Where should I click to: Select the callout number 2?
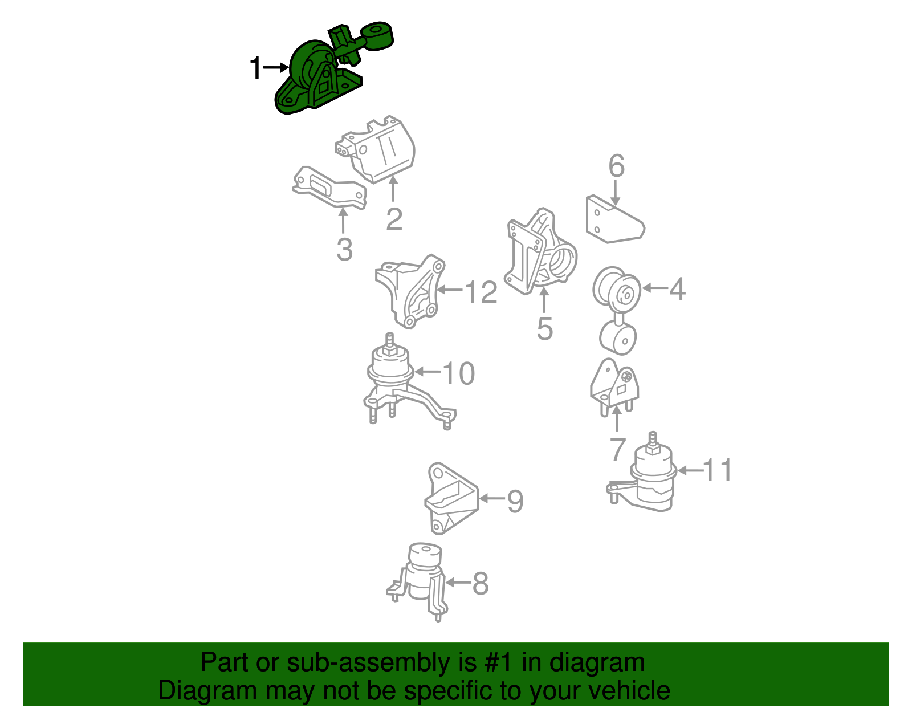pyautogui.click(x=394, y=218)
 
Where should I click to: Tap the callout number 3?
pyautogui.click(x=345, y=250)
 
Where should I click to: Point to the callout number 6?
pyautogui.click(x=617, y=166)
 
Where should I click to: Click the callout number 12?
pyautogui.click(x=482, y=292)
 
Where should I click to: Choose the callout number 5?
pyautogui.click(x=545, y=328)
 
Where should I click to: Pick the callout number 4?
pyautogui.click(x=677, y=289)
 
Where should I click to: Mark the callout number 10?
pyautogui.click(x=459, y=373)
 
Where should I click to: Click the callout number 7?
pyautogui.click(x=617, y=449)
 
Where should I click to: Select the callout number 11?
pyautogui.click(x=717, y=470)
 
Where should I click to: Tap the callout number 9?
pyautogui.click(x=515, y=501)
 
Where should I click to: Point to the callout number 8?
pyautogui.click(x=481, y=583)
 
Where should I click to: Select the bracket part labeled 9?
pyautogui.click(x=451, y=498)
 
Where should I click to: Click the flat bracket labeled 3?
pyautogui.click(x=329, y=188)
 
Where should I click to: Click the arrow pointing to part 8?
pyautogui.click(x=458, y=583)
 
